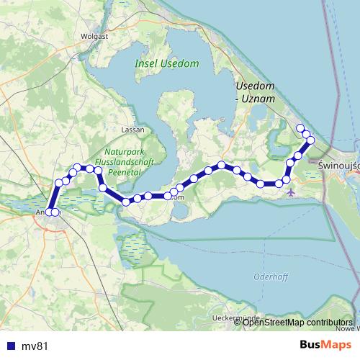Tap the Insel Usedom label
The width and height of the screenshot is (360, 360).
pos(166,64)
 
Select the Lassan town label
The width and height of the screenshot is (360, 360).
pos(134,130)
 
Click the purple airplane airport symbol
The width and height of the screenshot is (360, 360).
pos(290,192)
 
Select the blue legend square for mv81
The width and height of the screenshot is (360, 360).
pos(9,346)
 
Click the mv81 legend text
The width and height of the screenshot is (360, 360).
pos(34,346)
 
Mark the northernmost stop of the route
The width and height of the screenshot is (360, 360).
pos(300,127)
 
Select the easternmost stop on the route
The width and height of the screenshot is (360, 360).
pos(310,140)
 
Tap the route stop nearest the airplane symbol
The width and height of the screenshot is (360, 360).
pos(287,180)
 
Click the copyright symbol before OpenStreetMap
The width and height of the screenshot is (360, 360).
pos(239,323)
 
